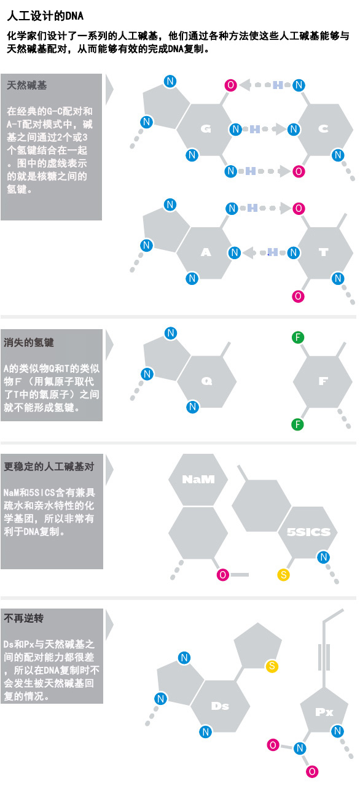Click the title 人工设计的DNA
45,16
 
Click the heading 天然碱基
26,85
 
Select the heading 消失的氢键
29,343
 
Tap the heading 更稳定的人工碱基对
49,466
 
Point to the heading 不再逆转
24,618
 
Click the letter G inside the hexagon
206,129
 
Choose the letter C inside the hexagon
323,129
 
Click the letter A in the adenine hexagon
206,252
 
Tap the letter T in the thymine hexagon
324,252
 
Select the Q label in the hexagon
206,381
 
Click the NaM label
198,480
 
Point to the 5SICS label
309,532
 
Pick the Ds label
220,706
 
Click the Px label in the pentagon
324,712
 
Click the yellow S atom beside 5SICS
283,575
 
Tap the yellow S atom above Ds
272,666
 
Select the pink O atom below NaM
223,575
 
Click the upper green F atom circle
298,338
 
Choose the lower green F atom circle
297,424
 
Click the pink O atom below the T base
298,297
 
